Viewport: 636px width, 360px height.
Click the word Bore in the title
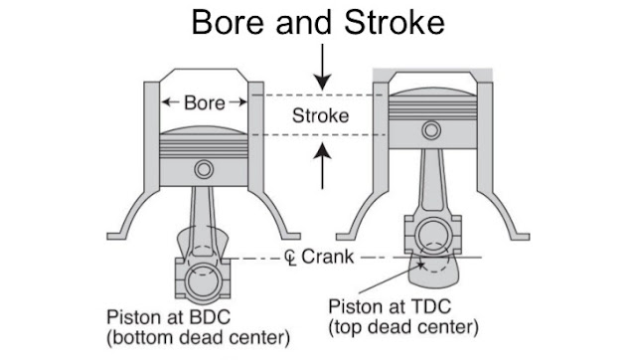(228, 22)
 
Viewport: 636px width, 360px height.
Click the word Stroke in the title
(395, 22)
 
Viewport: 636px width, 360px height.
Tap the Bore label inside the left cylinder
(205, 102)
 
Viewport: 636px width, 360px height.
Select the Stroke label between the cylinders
(320, 115)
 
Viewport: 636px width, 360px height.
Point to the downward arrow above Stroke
(323, 67)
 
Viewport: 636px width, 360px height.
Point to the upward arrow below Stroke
(323, 166)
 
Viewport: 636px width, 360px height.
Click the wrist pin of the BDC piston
(204, 169)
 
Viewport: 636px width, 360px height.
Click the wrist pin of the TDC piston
(431, 130)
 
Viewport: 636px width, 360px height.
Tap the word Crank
(328, 257)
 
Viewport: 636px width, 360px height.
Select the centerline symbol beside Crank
(290, 258)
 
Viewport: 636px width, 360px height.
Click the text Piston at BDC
(168, 317)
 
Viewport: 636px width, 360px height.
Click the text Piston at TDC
(390, 306)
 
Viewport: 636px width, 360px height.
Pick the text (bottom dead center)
(199, 337)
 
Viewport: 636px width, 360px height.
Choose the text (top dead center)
(403, 327)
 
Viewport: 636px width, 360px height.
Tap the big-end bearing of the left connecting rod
(203, 281)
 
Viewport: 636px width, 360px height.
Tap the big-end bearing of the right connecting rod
(433, 237)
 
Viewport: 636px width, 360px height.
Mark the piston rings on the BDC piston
(204, 146)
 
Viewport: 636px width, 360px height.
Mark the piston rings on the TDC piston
(433, 108)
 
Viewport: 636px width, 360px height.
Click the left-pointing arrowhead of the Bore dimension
(166, 101)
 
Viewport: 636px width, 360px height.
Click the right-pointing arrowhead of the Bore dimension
(242, 101)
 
